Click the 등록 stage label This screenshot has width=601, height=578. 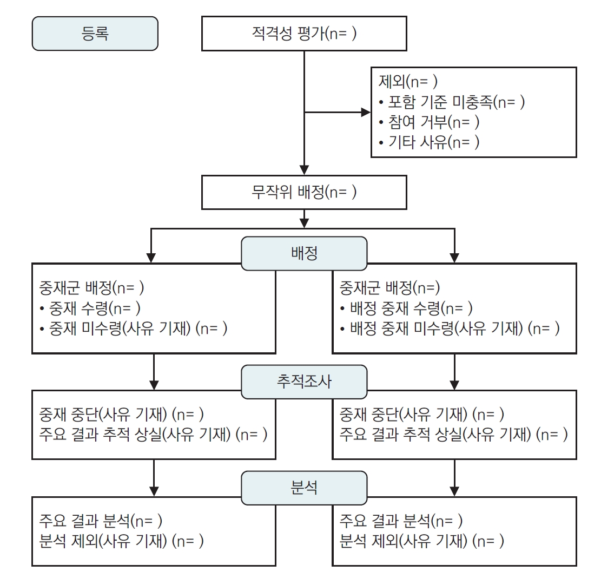click(95, 34)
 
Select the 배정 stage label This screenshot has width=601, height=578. click(303, 253)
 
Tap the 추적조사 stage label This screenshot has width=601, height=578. click(303, 382)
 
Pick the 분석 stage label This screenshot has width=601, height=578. click(303, 488)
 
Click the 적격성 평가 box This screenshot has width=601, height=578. click(304, 34)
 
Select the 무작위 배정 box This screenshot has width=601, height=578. click(304, 192)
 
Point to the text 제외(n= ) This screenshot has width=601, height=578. click(407, 82)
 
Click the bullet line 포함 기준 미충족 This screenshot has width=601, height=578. click(452, 102)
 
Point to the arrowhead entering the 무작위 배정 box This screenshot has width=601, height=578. click(305, 169)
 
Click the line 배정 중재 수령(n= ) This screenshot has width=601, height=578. click(407, 308)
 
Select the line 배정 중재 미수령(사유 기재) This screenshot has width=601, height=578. click(450, 328)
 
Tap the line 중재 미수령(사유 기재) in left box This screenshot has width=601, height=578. click(134, 329)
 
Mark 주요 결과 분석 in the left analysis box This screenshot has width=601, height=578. click(101, 521)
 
